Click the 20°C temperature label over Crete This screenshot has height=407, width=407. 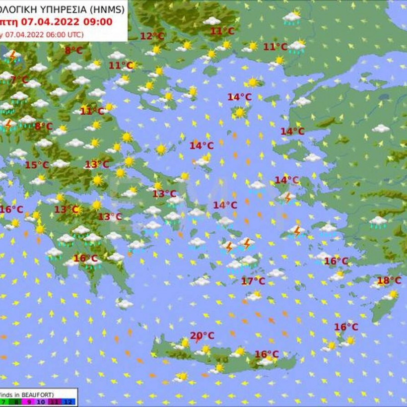coord(202,336)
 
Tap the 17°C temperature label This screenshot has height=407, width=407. coord(253,281)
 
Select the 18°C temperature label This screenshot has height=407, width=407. coord(389,280)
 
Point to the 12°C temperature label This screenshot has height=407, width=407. coord(152,36)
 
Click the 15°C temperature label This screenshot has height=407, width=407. coord(37,165)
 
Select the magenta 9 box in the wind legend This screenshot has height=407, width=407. coord(29,402)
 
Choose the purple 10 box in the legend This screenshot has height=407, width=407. coord(41,402)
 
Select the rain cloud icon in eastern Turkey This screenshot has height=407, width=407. coord(378,221)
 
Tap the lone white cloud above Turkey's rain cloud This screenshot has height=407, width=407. coord(381,129)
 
